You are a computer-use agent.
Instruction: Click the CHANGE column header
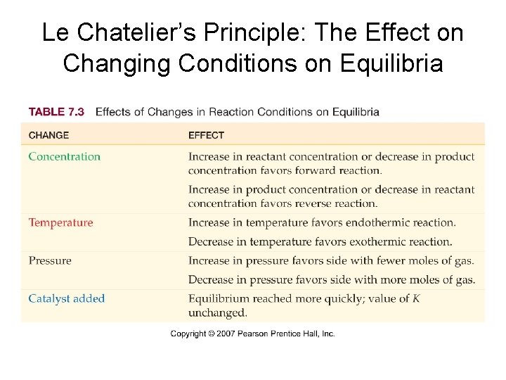click(48, 135)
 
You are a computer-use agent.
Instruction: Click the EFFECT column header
click(206, 135)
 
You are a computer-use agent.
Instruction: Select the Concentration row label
click(65, 157)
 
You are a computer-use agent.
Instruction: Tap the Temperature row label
click(60, 223)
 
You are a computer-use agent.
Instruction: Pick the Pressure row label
click(50, 261)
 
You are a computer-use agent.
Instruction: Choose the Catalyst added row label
click(67, 298)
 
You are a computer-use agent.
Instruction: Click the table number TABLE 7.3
click(56, 112)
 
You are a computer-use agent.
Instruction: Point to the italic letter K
click(416, 298)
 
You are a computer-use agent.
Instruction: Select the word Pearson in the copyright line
click(259, 334)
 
